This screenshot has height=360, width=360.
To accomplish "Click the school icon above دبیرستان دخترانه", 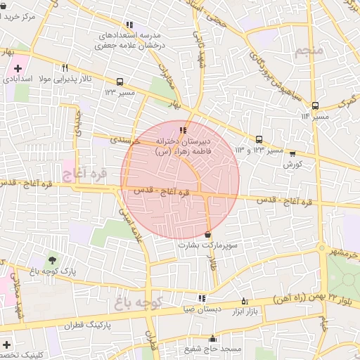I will tap(183, 130).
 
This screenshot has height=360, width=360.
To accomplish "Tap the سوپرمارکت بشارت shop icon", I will tap(208, 234).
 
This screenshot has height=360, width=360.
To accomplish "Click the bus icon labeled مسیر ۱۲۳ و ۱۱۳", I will tap(259, 139).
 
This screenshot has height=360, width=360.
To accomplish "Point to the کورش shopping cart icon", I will tap(292, 153).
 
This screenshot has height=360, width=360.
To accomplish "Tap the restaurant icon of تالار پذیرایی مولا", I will tap(65, 68).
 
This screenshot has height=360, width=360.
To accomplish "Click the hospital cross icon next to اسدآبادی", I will tap(17, 70).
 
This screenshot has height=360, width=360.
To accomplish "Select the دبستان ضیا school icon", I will tap(202, 298).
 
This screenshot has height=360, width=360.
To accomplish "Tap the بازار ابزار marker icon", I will tap(244, 298).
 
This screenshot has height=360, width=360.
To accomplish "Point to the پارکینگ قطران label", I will tap(89, 326).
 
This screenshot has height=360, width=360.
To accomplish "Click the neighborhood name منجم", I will tap(309, 51).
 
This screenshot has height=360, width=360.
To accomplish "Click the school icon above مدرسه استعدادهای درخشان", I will tap(129, 25).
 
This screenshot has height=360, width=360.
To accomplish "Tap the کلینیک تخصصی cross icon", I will tap(6, 345).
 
